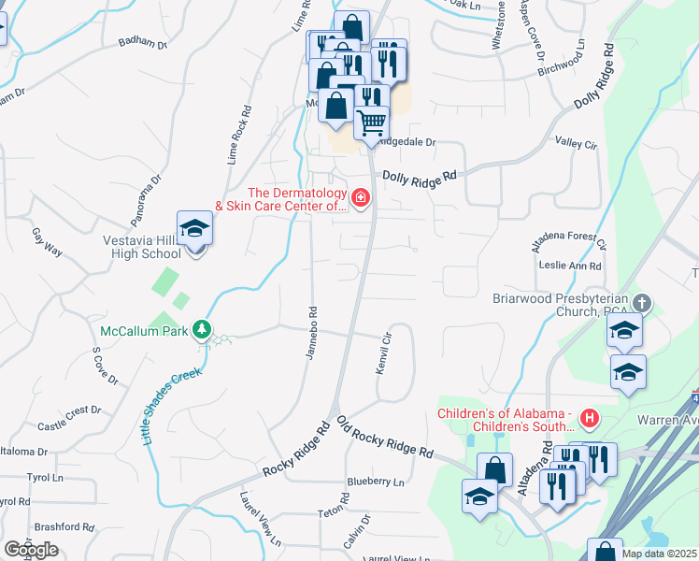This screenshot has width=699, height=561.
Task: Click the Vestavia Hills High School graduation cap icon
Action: coord(194,229)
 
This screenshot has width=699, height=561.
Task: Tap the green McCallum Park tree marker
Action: coord(201,331)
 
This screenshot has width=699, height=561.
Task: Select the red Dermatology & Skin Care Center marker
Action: coord(359,198)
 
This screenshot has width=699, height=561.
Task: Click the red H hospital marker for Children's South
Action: coord(589,416)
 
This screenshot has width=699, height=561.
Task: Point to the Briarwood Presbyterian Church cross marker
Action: coord(641,302)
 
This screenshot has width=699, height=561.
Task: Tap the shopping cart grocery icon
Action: coord(372,122)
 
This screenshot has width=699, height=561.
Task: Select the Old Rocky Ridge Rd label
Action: coord(385,437)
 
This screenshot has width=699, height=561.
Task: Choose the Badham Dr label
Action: coord(142,44)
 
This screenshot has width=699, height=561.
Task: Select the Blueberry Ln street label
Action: coord(375,482)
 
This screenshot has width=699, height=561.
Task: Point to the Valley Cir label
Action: coord(576,144)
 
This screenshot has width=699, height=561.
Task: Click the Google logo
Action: coord(31,550)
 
